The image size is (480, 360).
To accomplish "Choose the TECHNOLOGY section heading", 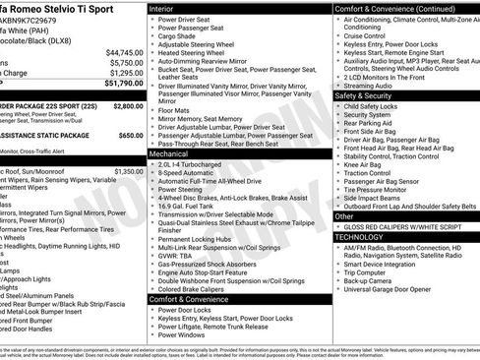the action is (x=362, y=237).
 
